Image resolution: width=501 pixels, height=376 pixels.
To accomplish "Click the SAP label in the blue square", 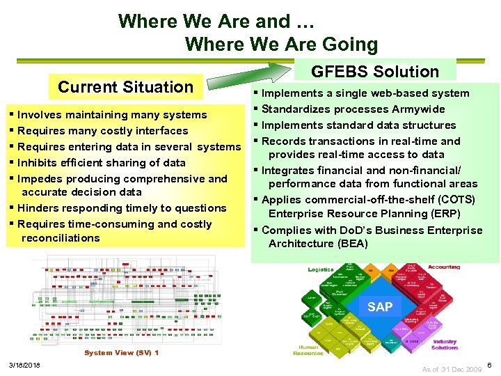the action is pyautogui.click(x=380, y=307).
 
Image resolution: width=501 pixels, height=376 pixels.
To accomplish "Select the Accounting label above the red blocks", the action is pyautogui.click(x=444, y=267).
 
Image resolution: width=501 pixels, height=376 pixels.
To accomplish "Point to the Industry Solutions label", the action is pyautogui.click(x=445, y=344).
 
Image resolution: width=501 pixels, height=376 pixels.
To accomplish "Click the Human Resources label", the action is pyautogui.click(x=308, y=350).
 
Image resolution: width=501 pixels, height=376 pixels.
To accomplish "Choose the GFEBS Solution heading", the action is pyautogui.click(x=375, y=72).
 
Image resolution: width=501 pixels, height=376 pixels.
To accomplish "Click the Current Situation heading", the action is pyautogui.click(x=125, y=87).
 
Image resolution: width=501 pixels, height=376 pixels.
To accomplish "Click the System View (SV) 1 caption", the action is pyautogui.click(x=122, y=353).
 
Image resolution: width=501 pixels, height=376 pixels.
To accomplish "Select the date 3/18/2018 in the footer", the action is pyautogui.click(x=24, y=366).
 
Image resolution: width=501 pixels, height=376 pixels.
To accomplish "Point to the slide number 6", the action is pyautogui.click(x=490, y=366).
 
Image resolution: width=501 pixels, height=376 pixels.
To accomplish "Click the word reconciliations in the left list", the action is pyautogui.click(x=61, y=238).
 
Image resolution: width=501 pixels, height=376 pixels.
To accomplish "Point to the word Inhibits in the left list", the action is pyautogui.click(x=38, y=163).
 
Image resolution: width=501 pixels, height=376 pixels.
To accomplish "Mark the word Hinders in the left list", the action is pyautogui.click(x=38, y=208).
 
